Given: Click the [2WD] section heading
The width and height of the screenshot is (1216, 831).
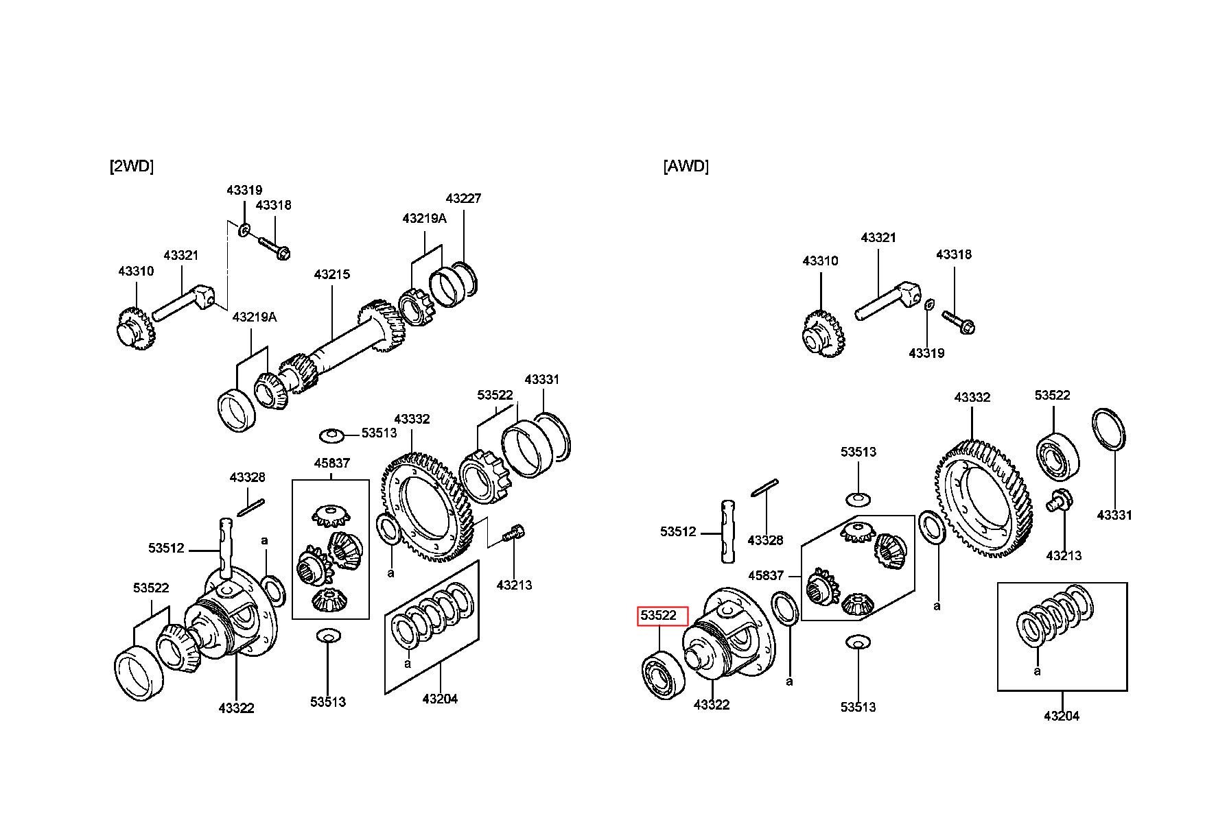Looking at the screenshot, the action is [x=132, y=166].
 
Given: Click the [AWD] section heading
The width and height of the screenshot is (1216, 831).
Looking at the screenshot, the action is [x=686, y=166].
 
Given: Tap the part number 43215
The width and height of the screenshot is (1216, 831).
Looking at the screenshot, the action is [x=332, y=274].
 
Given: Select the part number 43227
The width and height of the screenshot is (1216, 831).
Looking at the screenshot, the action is [x=463, y=198].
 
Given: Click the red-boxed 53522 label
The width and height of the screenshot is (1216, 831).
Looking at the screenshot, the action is [x=659, y=616].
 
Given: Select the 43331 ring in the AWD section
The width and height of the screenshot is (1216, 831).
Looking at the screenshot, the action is [x=1109, y=429].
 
